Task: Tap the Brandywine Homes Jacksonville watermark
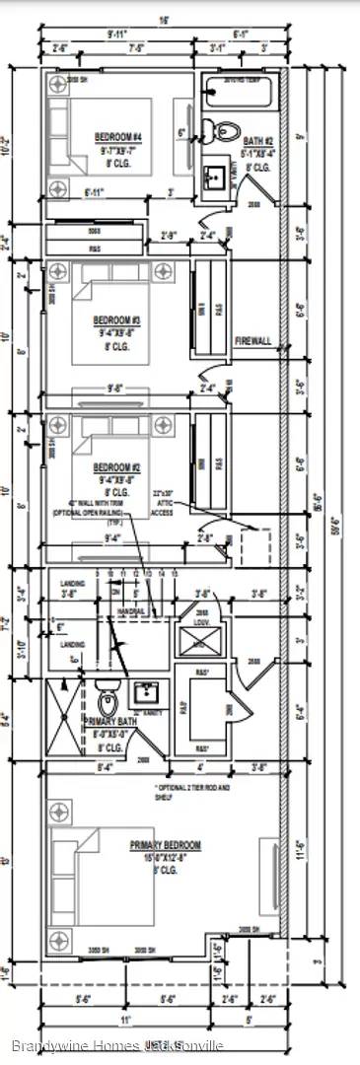[117, 1045]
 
